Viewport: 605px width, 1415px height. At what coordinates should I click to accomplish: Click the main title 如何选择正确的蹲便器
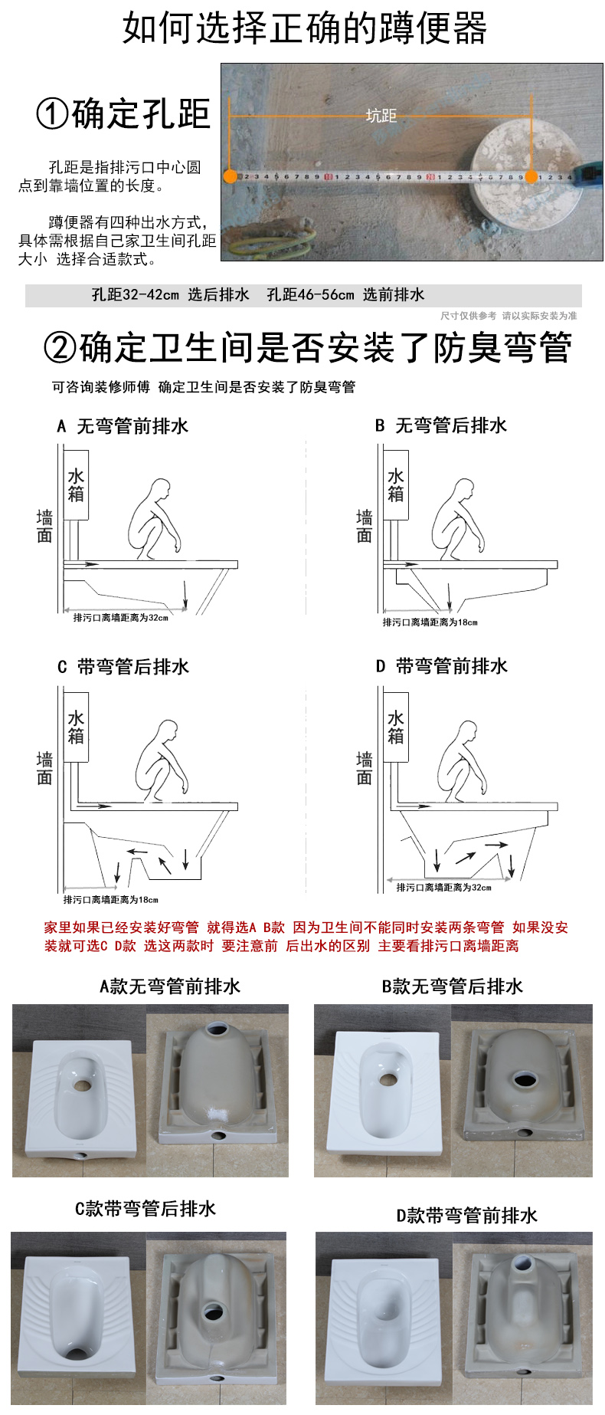click(x=304, y=28)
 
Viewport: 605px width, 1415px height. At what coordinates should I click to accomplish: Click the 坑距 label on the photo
click(x=381, y=116)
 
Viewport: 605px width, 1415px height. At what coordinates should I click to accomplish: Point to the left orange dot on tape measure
click(x=230, y=176)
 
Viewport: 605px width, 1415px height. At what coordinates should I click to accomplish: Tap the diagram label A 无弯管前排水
click(x=123, y=426)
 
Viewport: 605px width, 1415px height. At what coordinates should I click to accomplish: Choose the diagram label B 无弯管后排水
click(x=440, y=426)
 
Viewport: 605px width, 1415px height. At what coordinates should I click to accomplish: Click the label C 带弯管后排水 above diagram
click(x=123, y=667)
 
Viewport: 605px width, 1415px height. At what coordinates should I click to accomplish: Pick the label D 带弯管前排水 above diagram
click(x=441, y=667)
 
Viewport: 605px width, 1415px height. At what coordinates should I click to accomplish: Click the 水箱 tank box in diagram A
click(x=76, y=484)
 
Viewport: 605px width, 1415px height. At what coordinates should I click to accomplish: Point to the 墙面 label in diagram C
click(x=44, y=768)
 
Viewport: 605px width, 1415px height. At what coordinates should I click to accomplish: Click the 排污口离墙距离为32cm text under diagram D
click(x=443, y=888)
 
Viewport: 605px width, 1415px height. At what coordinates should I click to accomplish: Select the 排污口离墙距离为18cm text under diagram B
click(x=430, y=622)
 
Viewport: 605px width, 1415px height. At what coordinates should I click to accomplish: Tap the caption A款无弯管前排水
click(x=170, y=987)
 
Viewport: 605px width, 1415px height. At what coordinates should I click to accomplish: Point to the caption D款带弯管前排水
click(x=466, y=1216)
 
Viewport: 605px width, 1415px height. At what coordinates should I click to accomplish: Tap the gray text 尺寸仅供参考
click(x=468, y=316)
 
